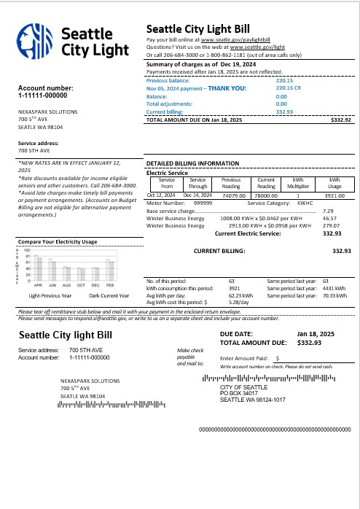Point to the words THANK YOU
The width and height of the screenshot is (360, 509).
coord(227,88)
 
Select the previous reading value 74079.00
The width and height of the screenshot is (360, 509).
coord(232,195)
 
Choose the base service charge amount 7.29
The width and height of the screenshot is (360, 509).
coord(328,211)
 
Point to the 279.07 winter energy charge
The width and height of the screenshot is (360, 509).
coord(331,226)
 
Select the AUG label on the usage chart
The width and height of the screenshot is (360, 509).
coord(67,285)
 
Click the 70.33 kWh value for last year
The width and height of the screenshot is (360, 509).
coord(334,296)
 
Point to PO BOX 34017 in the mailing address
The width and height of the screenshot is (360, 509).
coord(241,394)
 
